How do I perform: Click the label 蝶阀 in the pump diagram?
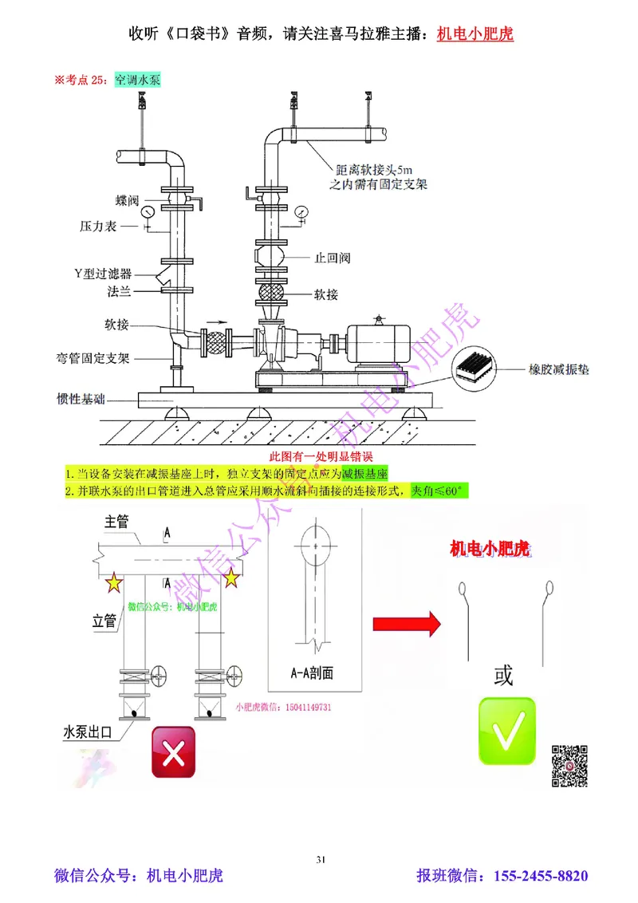coord(129,199)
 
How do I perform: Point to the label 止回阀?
coord(333,258)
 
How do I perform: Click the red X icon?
coord(173,751)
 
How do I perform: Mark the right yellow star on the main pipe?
coord(231,578)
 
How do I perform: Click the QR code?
coord(570,766)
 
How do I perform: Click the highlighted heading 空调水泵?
coord(139,80)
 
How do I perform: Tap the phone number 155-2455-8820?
coord(542,876)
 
